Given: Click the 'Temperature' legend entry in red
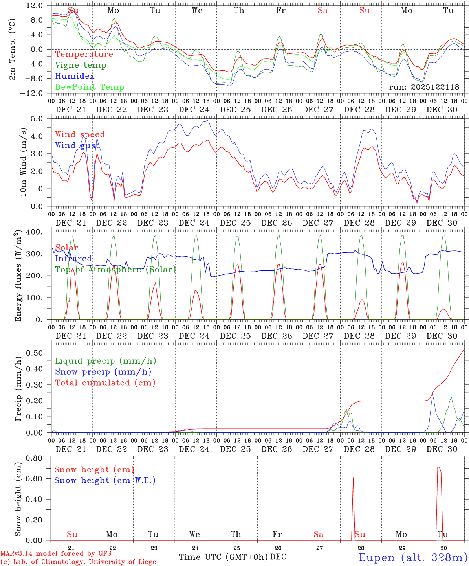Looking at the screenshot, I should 84,54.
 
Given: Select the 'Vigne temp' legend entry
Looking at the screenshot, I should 81,65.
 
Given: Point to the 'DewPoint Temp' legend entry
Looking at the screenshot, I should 90,87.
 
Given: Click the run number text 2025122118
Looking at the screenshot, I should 424,87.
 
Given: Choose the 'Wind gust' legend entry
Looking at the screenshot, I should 77,145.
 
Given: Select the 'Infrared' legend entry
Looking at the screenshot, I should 73,259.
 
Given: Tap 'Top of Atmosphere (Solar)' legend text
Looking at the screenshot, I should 115,270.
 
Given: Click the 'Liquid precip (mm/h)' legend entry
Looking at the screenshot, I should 105,361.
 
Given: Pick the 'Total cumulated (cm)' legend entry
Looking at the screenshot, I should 105,383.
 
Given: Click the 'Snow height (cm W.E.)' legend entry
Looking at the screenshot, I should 105,480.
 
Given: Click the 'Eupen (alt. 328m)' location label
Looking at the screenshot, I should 413,557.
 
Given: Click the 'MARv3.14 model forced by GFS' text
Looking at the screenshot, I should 55,553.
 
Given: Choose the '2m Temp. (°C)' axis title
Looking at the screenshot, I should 13,49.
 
